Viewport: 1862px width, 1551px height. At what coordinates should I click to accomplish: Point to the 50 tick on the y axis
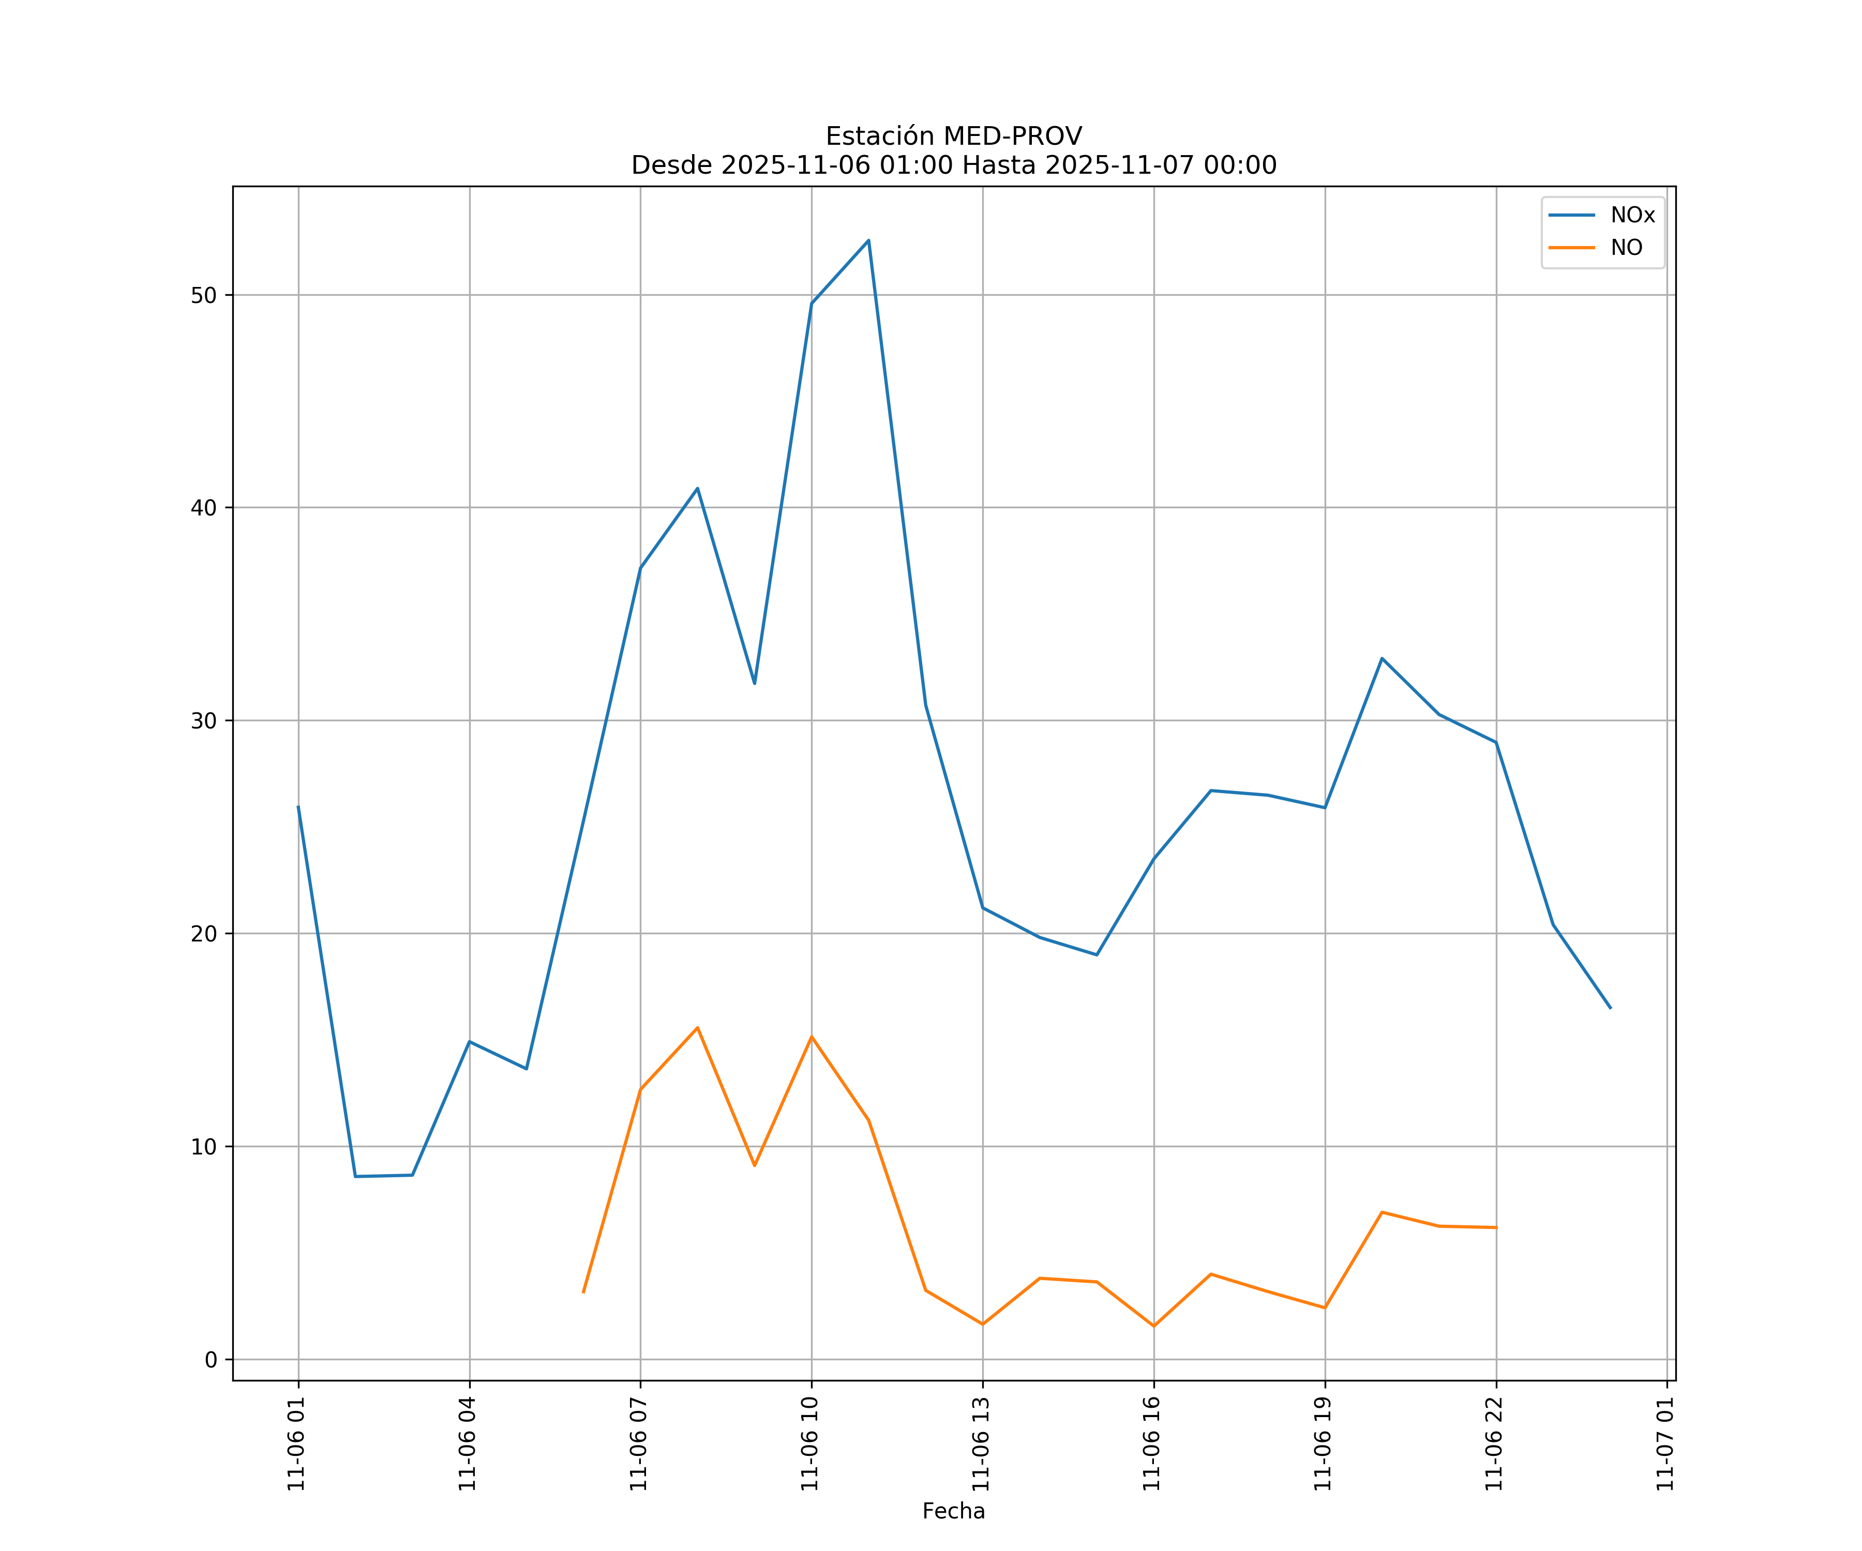(x=204, y=295)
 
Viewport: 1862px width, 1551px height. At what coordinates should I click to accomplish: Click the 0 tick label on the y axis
(x=211, y=1360)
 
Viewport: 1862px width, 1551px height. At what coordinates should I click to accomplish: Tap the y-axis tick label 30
(x=204, y=721)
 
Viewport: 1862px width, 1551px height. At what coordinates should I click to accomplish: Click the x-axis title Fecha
(x=953, y=1511)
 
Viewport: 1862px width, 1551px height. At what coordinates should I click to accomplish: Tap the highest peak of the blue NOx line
(x=868, y=240)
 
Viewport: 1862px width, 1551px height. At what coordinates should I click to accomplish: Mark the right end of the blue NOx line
(x=1610, y=1008)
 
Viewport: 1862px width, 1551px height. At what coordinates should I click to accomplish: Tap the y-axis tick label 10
(x=204, y=1147)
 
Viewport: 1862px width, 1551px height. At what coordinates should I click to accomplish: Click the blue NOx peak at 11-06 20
(x=1382, y=659)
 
